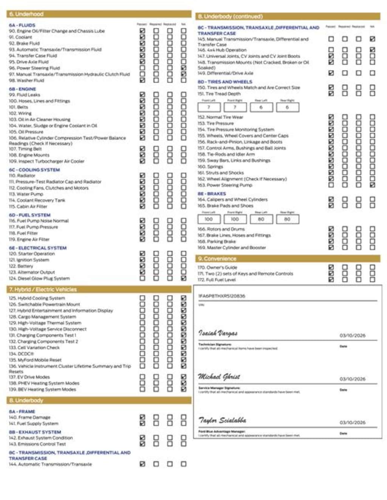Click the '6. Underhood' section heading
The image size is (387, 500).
tap(26, 14)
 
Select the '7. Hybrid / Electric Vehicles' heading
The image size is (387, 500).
tap(43, 289)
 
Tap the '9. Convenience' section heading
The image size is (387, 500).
tap(220, 259)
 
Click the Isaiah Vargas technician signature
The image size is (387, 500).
tap(218, 333)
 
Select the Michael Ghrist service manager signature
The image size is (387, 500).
tap(219, 377)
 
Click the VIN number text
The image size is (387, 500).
tap(221, 296)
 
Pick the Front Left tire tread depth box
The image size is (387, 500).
tap(209, 107)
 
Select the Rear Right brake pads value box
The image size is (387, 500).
tap(287, 219)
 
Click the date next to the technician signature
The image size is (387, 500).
tap(352, 335)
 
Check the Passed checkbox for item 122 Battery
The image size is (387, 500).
tap(142, 266)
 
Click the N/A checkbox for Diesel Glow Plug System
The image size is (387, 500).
tap(183, 278)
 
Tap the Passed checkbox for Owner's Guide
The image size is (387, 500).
tap(331, 267)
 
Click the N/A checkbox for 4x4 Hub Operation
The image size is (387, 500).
tap(372, 49)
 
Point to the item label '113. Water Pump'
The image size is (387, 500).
tap(26, 194)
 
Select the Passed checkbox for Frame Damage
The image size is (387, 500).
tap(142, 417)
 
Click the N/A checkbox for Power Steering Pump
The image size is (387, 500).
tap(372, 185)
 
